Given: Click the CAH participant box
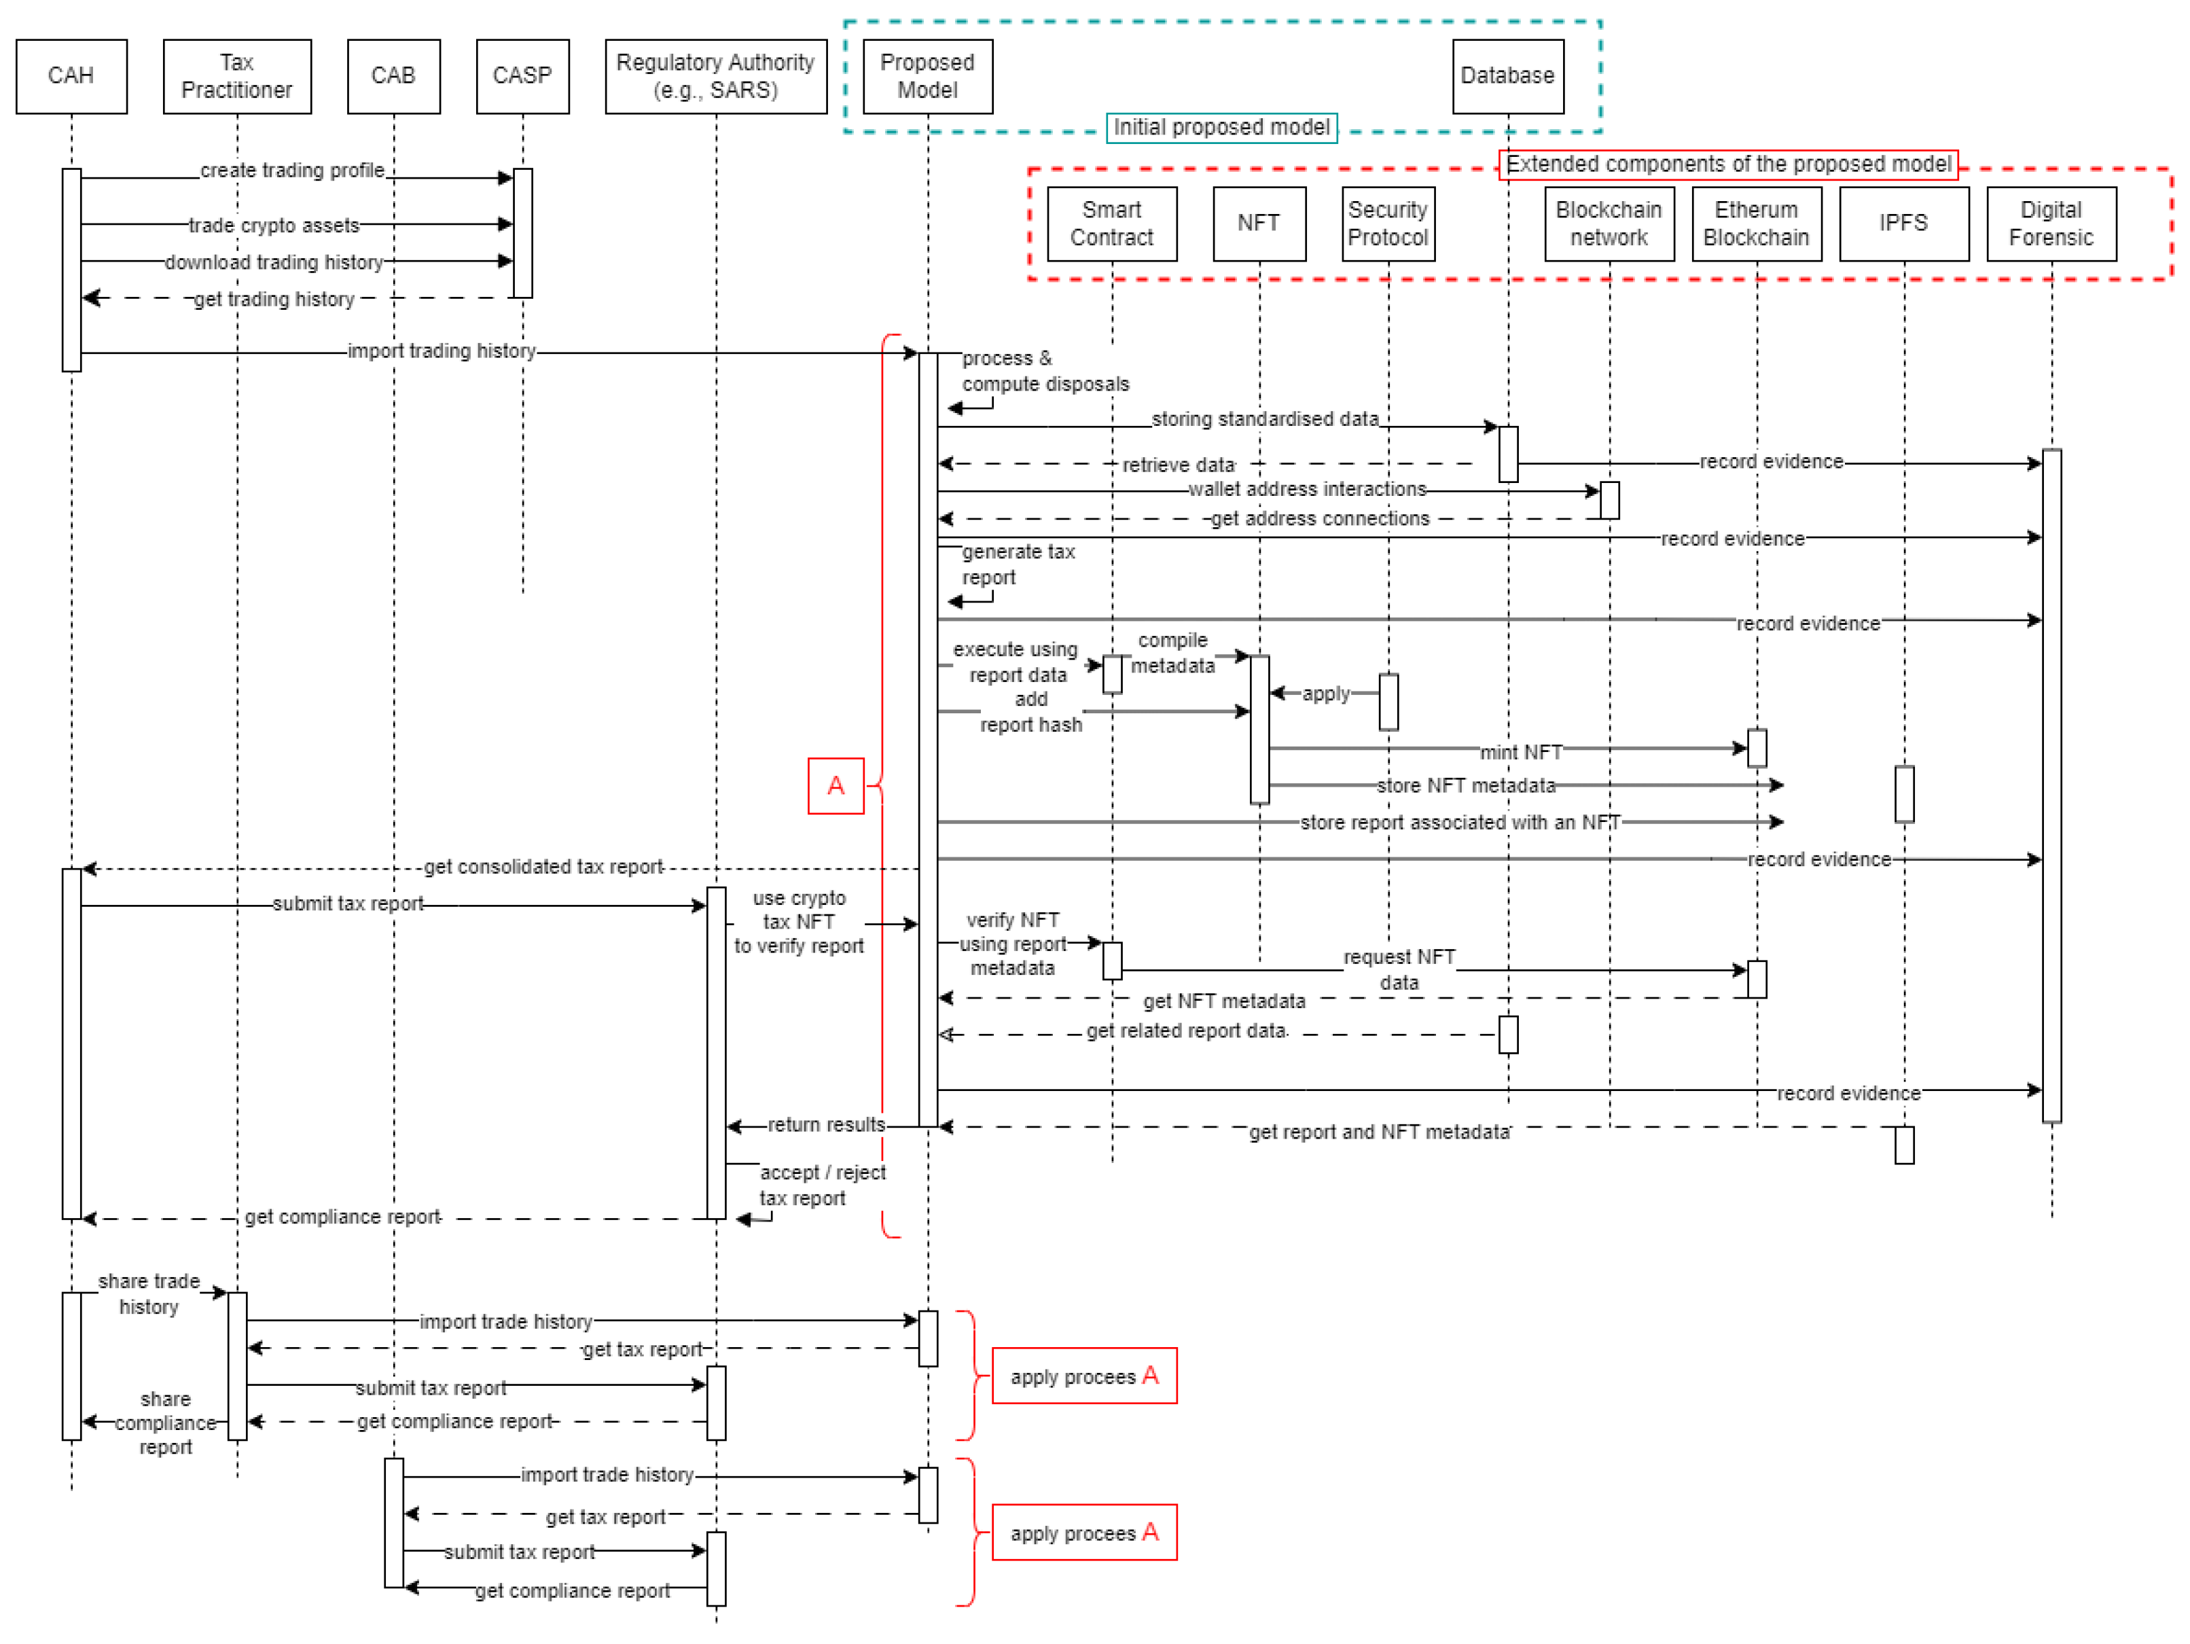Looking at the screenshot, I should click(71, 76).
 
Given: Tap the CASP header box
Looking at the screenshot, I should click(523, 76).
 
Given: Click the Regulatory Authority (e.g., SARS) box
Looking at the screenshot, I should click(716, 76).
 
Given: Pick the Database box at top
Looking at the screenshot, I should click(1508, 76).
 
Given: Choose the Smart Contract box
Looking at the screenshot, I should click(1112, 224).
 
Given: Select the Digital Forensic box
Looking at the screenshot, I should click(2051, 224).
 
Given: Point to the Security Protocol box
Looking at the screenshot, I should click(1388, 224).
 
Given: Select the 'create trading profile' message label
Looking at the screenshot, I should click(292, 171).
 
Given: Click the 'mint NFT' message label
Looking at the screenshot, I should click(1521, 753).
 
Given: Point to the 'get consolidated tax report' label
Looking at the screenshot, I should click(543, 868).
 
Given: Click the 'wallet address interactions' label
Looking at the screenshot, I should click(1307, 489).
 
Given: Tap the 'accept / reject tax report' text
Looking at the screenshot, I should click(822, 1185).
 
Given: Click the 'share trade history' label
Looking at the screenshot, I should click(149, 1294).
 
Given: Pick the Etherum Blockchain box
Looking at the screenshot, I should click(1757, 224).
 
